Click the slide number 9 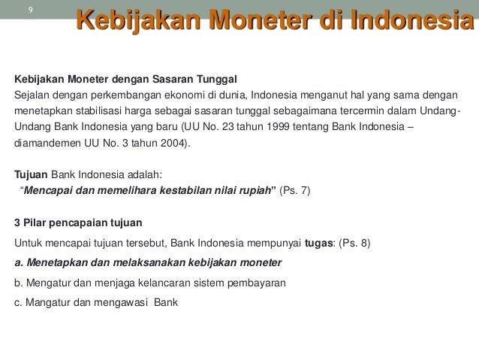30,11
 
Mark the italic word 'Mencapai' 49,190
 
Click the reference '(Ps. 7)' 294,190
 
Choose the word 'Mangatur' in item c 45,302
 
